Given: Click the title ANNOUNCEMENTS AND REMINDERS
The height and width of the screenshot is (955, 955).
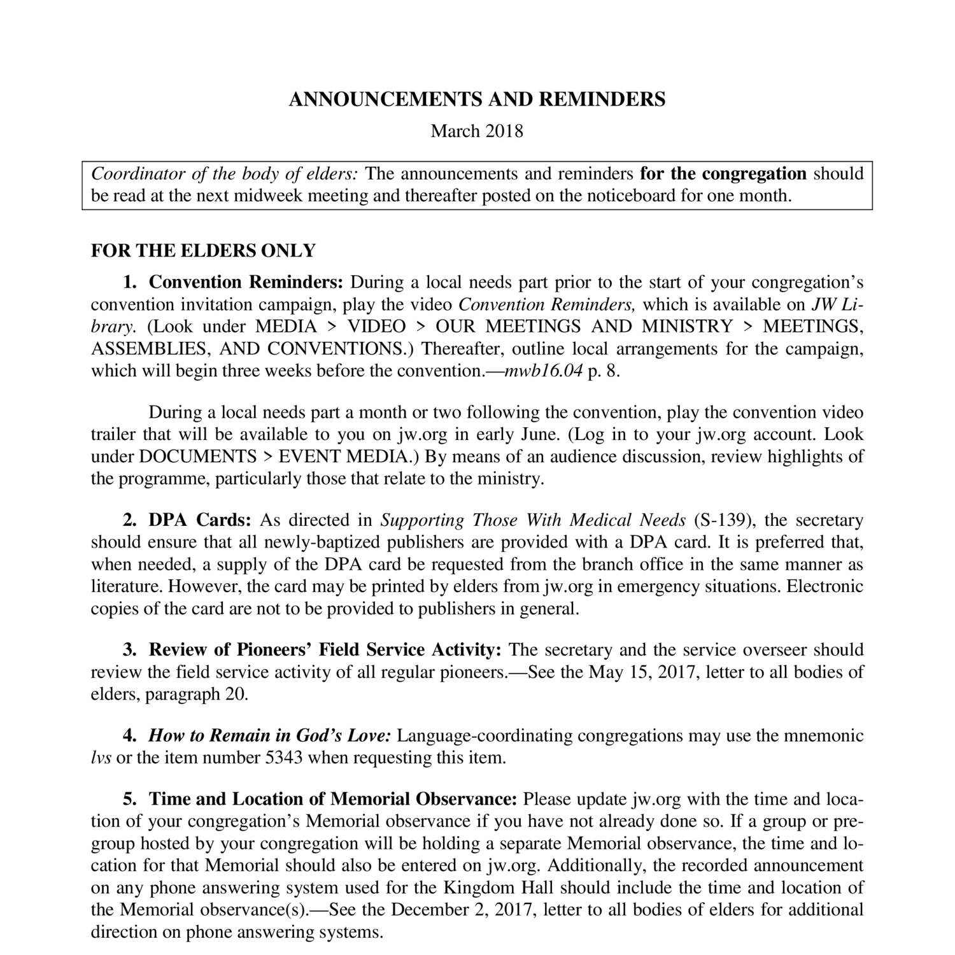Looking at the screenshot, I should click(x=477, y=99).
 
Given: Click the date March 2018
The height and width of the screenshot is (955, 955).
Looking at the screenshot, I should click(x=477, y=131).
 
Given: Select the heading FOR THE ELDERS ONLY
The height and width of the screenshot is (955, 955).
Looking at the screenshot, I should click(x=203, y=251).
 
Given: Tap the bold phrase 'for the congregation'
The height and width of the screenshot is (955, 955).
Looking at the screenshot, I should click(x=723, y=174).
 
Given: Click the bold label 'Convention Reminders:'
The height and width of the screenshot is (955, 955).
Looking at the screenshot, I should click(x=246, y=282).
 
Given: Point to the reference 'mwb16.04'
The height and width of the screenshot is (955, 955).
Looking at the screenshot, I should click(x=543, y=371).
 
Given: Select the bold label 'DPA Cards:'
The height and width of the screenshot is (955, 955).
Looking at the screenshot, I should click(x=201, y=520).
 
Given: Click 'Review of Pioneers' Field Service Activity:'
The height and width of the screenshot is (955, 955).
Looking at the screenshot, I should click(x=325, y=650).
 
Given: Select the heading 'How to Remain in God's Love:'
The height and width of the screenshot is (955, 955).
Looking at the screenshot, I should click(x=270, y=736).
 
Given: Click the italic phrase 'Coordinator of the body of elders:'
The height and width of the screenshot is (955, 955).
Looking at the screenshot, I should click(x=225, y=174).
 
